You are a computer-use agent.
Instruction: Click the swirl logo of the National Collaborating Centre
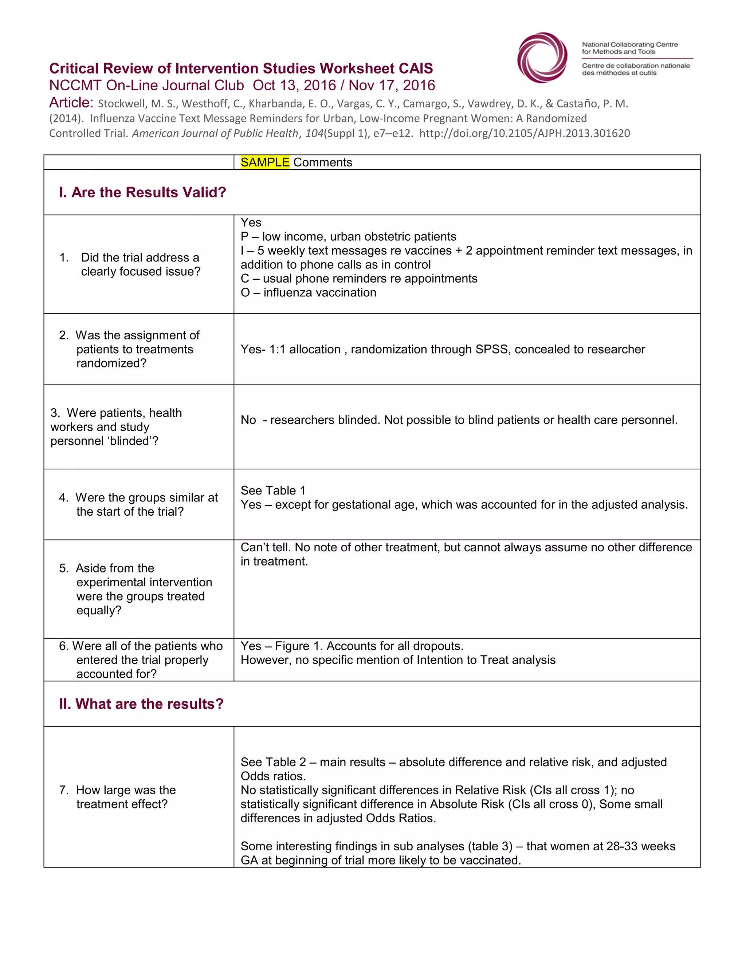542,58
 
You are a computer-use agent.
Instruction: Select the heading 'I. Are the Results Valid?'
142,192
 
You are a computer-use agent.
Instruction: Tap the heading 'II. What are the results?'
141,704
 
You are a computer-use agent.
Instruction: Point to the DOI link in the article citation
524,133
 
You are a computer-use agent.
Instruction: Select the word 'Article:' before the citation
71,103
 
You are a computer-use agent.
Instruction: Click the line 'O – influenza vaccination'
308,292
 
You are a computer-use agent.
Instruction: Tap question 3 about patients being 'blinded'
116,427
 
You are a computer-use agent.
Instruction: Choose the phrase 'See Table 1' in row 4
273,491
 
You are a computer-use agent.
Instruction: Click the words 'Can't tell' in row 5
265,547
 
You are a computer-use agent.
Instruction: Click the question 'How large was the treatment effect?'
126,797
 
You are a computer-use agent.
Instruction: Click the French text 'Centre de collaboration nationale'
636,66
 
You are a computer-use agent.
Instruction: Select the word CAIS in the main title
415,68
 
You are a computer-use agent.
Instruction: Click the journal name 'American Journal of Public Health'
215,133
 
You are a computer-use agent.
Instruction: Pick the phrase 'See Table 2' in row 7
273,762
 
